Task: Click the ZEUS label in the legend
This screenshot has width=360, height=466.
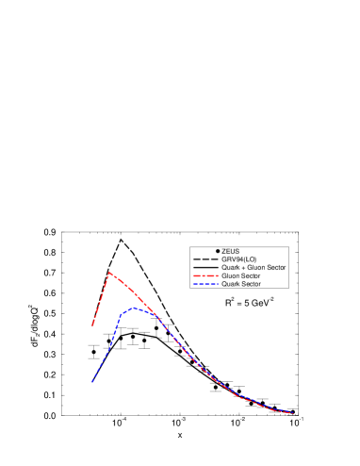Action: [x=231, y=251]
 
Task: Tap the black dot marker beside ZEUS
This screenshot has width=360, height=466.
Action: [x=218, y=251]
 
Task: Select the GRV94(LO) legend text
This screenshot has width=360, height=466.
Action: [x=238, y=259]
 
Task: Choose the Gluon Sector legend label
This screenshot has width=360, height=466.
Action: [x=240, y=275]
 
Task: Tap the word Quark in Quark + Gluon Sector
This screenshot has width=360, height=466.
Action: [x=230, y=268]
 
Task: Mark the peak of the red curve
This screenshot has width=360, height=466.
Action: [x=110, y=272]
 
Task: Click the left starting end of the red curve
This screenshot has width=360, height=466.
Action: [x=92, y=325]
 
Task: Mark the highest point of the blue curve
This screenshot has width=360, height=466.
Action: [x=135, y=308]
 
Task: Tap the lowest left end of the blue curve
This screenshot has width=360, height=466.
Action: [x=92, y=382]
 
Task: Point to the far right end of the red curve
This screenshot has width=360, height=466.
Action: [x=294, y=413]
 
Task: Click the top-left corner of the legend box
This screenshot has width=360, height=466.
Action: [x=189, y=247]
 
